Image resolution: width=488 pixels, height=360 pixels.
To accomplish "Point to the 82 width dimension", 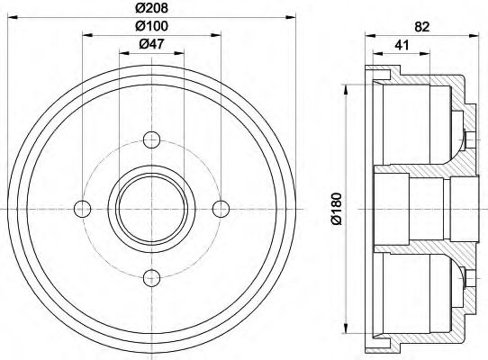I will tap(420, 27).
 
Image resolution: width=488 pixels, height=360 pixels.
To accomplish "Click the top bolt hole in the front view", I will tap(151, 139).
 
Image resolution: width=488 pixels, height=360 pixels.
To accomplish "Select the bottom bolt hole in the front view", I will tap(151, 277).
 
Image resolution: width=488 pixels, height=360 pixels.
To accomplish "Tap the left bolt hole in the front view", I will tap(83, 208).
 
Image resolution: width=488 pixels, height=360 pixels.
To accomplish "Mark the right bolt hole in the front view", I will tap(221, 208).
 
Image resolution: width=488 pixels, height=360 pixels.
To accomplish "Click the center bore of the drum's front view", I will tap(151, 208).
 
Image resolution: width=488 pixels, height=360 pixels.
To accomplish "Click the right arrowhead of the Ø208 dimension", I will tap(291, 17).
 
